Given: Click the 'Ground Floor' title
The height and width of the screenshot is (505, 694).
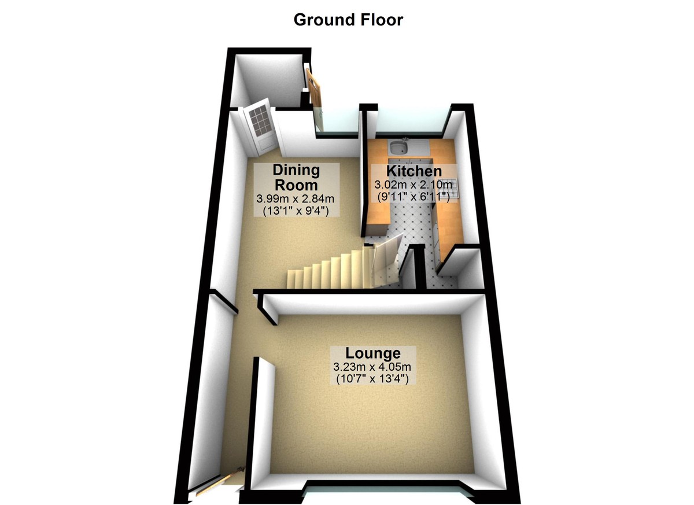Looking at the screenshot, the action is point(348,19).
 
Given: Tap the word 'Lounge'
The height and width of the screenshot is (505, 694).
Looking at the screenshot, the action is point(372,353).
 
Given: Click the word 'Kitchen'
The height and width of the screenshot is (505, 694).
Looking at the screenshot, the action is point(414,171).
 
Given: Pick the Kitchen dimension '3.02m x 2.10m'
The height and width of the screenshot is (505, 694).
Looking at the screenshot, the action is point(414,185).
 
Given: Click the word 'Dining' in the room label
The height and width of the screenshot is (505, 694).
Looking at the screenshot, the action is point(296,171).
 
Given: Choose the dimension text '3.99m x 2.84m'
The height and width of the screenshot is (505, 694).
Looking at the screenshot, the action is point(296,199).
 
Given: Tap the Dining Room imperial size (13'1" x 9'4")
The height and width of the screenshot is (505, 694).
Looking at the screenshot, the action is point(296,211).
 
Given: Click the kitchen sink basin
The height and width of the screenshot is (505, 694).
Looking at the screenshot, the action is point(398,148).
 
